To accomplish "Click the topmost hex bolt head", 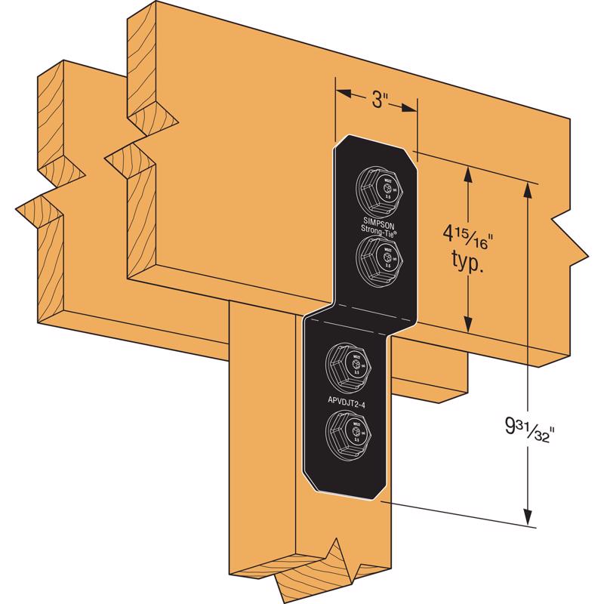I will pos(375,186).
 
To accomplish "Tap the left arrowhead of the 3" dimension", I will pos(341,94).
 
